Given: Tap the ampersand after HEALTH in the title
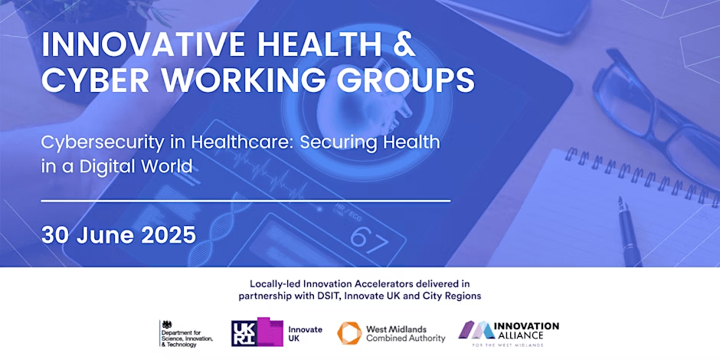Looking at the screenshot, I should pyautogui.click(x=401, y=44).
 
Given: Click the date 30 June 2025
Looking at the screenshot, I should pyautogui.click(x=119, y=234).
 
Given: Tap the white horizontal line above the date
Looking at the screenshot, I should pyautogui.click(x=245, y=201).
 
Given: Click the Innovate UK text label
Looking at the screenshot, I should pyautogui.click(x=305, y=334).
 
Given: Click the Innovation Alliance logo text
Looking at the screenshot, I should pyautogui.click(x=528, y=330).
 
